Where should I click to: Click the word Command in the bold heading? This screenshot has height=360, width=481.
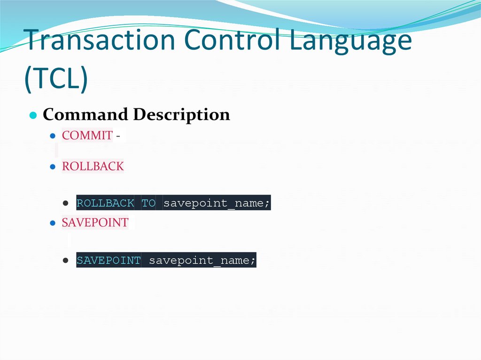coord(85,115)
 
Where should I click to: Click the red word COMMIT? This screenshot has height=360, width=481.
coord(87,136)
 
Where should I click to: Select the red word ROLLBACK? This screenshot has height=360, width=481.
coord(93,167)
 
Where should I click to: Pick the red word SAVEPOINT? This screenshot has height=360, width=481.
coord(95,222)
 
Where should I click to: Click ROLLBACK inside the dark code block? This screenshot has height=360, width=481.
coord(105,204)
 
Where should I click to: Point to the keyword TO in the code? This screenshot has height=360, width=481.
coord(148,204)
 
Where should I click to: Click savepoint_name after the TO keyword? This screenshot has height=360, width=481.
coord(217,204)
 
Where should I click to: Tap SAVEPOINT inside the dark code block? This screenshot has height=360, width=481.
coord(109,260)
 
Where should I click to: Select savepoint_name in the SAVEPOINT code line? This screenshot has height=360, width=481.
coord(202,260)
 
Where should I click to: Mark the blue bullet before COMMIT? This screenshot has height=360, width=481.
coord(53,136)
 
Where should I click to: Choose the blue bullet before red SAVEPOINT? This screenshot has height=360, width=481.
coord(53,223)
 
